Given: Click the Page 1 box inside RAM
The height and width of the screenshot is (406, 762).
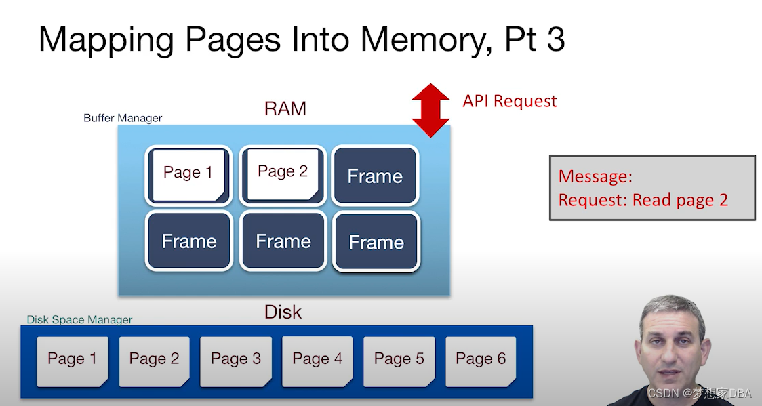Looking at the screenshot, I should coord(188,174).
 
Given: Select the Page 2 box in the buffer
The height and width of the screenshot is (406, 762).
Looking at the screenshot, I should coord(283,174).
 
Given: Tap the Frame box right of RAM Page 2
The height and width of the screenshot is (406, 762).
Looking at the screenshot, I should coord(375,176).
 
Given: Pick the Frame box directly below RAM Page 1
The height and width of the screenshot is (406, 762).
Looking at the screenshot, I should coord(189,241).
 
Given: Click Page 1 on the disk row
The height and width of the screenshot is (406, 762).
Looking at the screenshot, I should coord(73,360).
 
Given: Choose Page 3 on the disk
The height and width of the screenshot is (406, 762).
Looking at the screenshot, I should coord(236,360).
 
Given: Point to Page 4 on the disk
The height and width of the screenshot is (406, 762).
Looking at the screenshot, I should coord(317,360).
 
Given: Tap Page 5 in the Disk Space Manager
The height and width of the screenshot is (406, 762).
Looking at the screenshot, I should coord(399,360).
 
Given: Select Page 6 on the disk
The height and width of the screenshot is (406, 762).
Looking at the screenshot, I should coord(481,360).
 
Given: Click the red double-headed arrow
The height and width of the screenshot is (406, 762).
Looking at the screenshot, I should coord(430,110).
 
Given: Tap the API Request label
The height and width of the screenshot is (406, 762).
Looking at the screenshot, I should coord(510,102).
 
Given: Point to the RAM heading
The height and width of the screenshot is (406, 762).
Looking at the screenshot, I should coord(285,108).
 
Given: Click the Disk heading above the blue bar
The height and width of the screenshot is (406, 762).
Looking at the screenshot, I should coord(283,312).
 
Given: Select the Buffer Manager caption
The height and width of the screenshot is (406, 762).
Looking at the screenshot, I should coord(123,118).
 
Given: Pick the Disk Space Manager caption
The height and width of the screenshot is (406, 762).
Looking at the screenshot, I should coord(79,319).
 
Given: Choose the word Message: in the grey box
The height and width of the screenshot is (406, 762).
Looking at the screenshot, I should coord(595,177).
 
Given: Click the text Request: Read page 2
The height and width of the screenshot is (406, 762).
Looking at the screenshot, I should coord(643,200).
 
